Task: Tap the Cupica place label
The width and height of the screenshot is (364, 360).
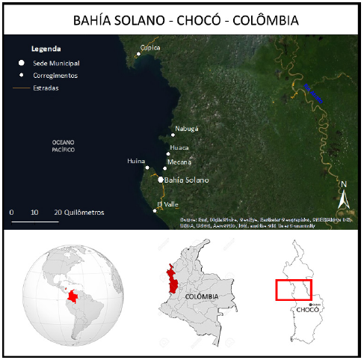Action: tap(151, 47)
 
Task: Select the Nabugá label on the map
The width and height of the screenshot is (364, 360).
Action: tap(187, 129)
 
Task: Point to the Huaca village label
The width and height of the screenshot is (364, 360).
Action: tap(179, 147)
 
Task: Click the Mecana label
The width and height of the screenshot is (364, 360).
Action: tap(179, 162)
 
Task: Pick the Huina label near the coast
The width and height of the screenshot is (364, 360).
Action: tap(135, 161)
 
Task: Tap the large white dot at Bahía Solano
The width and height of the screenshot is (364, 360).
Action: tap(161, 180)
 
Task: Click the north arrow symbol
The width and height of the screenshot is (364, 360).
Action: tap(344, 198)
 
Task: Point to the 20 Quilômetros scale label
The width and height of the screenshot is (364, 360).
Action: tap(78, 213)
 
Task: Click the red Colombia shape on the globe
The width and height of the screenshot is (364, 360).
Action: tap(74, 298)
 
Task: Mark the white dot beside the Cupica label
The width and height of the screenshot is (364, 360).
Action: tap(138, 54)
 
